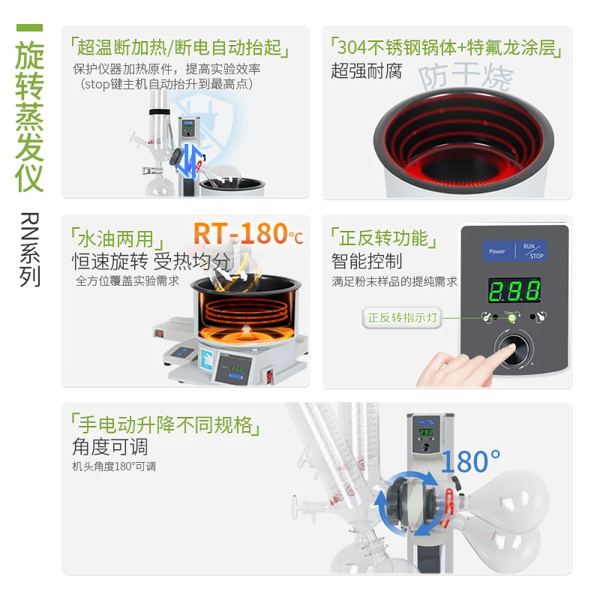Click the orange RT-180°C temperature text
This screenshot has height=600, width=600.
(x=248, y=233)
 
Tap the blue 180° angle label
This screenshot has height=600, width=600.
(x=471, y=461)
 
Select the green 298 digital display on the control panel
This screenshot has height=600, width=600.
(x=514, y=290)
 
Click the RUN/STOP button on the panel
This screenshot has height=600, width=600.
(x=531, y=251)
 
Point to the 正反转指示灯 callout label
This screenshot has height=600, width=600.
(x=402, y=317)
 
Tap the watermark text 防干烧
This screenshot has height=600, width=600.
(x=465, y=76)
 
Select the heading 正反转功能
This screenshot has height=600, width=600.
(x=383, y=238)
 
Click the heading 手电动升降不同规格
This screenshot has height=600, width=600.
(x=165, y=424)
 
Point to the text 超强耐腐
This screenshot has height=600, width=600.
(x=366, y=70)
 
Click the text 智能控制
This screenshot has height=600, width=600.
(x=367, y=261)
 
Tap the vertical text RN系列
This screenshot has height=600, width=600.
(x=30, y=250)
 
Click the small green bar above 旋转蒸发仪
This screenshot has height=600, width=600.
(x=29, y=28)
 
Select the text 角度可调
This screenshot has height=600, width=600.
(x=109, y=446)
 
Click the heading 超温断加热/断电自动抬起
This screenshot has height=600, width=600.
(x=179, y=47)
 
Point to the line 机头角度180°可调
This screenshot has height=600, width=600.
(x=114, y=466)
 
